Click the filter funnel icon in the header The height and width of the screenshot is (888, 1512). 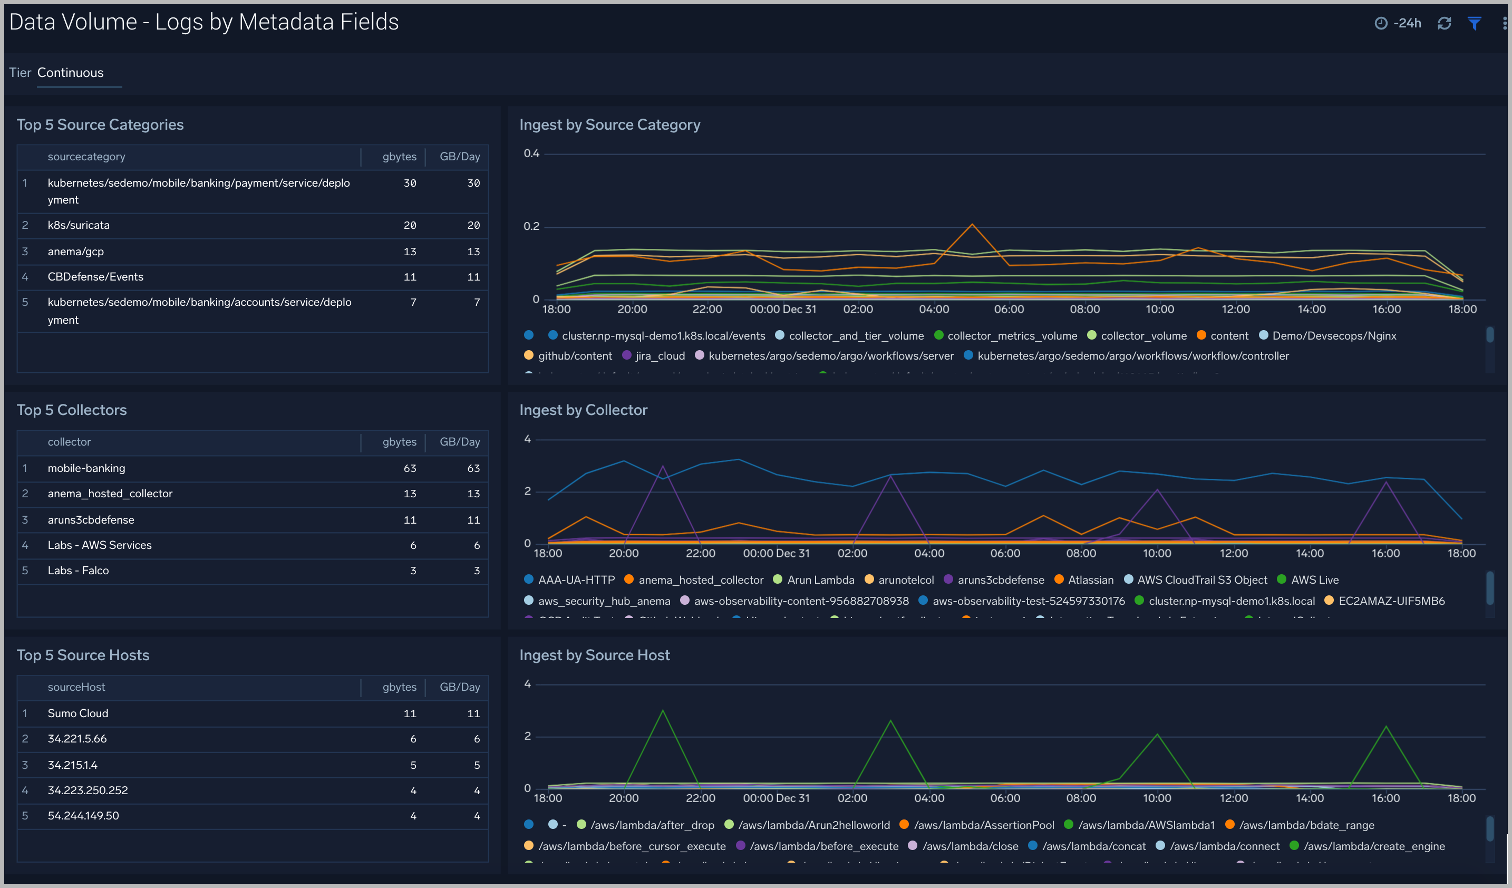(x=1474, y=23)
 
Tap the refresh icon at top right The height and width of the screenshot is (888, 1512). (x=1443, y=23)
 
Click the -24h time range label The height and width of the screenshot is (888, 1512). (x=1407, y=23)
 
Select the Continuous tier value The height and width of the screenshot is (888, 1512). (x=70, y=73)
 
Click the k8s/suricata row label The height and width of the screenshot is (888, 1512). (x=79, y=225)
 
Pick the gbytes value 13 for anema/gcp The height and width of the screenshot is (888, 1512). (x=410, y=252)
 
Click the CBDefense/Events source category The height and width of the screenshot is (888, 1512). (x=95, y=277)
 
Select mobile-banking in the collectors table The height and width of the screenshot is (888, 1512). (x=86, y=468)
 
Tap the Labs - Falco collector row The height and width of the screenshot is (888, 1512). (x=78, y=571)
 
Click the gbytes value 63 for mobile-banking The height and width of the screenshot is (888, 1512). (x=410, y=468)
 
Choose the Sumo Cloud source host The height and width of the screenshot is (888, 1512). (x=78, y=713)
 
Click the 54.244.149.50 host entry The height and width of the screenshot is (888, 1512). (x=83, y=815)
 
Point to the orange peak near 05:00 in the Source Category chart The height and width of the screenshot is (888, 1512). (x=972, y=225)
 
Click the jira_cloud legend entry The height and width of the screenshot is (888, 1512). (x=660, y=356)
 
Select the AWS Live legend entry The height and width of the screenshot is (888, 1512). (x=1314, y=580)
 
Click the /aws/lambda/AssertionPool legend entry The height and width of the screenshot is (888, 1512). (x=983, y=825)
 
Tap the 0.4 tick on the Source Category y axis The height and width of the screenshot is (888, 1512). (x=531, y=153)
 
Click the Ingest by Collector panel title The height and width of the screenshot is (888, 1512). (x=583, y=410)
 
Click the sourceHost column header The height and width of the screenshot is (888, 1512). (x=76, y=687)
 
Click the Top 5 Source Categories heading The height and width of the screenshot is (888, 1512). (x=100, y=125)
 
